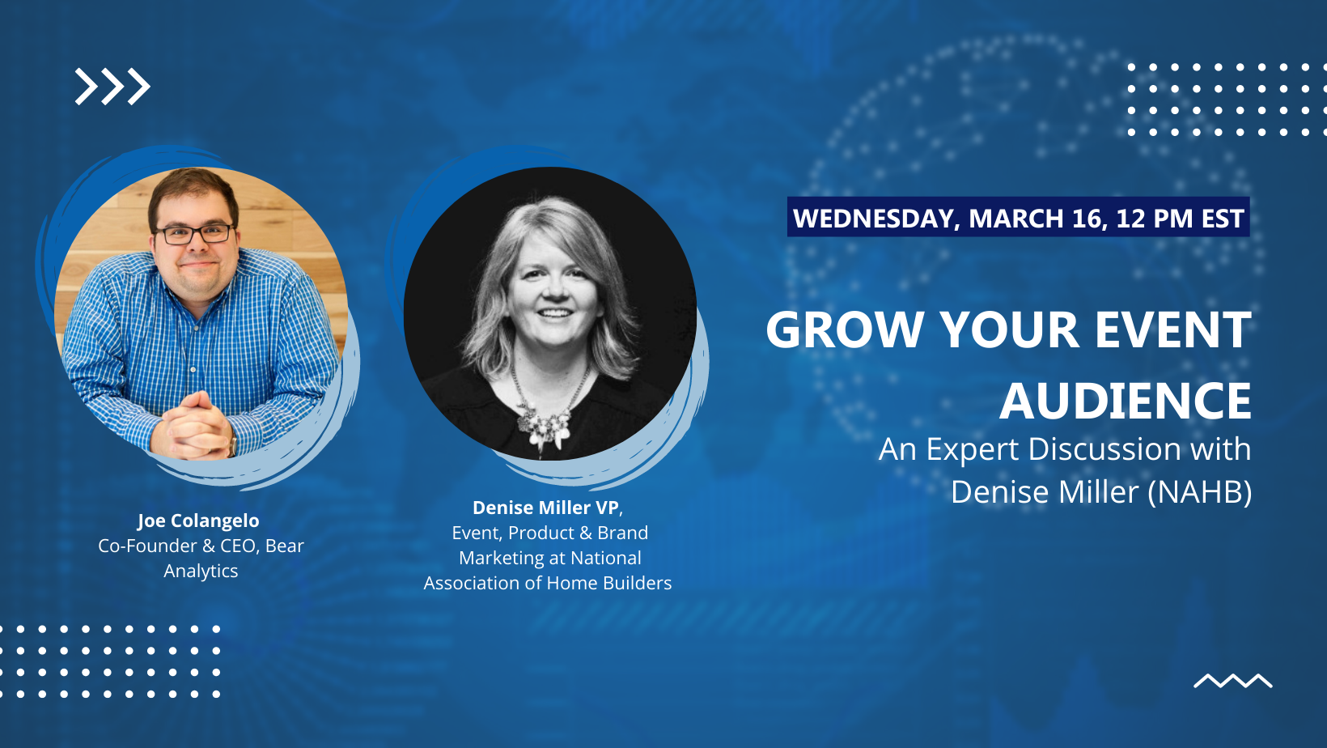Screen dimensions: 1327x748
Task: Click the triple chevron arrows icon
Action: click(112, 87)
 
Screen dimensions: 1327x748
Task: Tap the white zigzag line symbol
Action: click(1233, 681)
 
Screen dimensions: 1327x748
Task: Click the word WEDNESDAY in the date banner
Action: click(874, 218)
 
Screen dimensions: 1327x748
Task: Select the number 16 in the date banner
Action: click(1087, 218)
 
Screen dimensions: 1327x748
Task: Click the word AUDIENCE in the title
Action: click(1126, 402)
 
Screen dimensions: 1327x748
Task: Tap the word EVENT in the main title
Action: click(1173, 329)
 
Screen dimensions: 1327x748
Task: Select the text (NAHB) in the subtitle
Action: click(1200, 492)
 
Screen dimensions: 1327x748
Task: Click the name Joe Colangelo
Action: click(198, 521)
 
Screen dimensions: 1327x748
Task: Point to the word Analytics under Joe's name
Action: click(201, 571)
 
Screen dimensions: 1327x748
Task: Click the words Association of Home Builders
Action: click(547, 583)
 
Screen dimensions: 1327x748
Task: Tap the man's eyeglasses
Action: click(193, 234)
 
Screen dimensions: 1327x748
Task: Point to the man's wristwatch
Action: click(233, 444)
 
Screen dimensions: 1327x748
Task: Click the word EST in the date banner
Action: click(1222, 218)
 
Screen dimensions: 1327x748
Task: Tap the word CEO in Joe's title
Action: click(238, 546)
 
